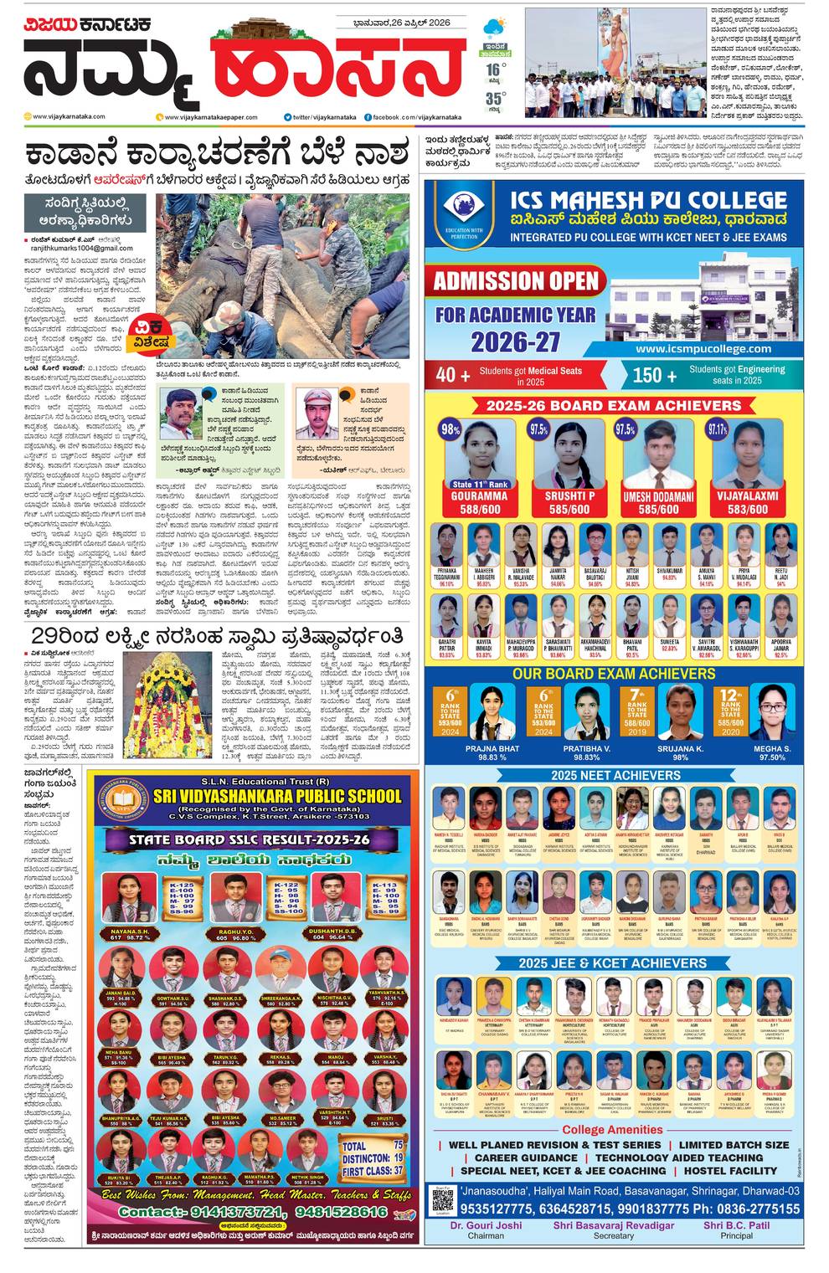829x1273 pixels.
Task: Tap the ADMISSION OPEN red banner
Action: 516,280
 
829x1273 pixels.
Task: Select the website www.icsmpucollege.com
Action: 703,348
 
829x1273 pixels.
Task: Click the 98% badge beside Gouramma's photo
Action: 451,430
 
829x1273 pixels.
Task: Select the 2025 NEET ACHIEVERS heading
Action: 615,775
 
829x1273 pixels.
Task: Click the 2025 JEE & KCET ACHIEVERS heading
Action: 615,963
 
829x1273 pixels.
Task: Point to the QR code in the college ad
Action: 443,1198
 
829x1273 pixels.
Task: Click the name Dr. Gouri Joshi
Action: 486,1225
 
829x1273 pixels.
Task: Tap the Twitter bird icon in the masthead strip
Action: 287,116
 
